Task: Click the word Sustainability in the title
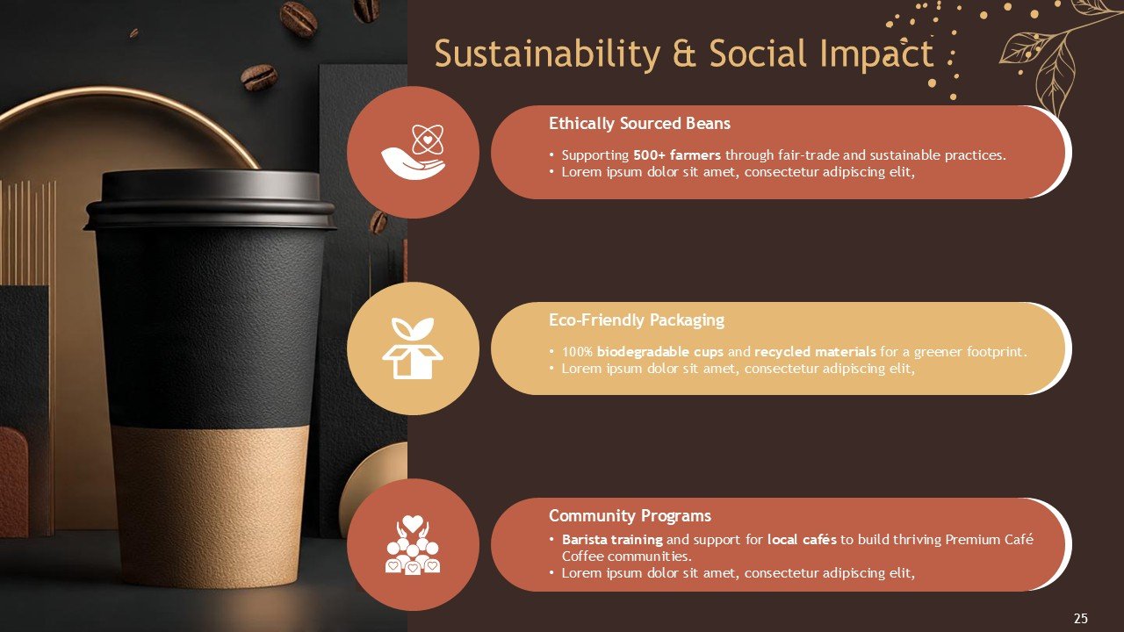click(547, 54)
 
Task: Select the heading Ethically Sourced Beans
click(639, 124)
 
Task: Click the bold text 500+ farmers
click(677, 155)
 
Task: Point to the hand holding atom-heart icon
click(413, 152)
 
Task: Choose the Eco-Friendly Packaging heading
click(637, 320)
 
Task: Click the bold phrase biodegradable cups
click(659, 352)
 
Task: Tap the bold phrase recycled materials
click(815, 352)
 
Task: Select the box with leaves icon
click(413, 348)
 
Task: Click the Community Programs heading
click(630, 515)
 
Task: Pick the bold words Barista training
click(612, 540)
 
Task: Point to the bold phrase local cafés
click(802, 540)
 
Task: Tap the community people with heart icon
click(413, 545)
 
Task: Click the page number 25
click(1080, 618)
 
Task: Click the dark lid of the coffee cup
click(210, 199)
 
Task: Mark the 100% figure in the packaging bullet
click(578, 352)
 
